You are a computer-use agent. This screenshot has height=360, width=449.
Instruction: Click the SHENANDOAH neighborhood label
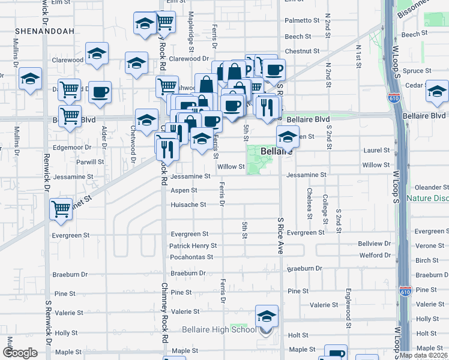pyautogui.click(x=37, y=30)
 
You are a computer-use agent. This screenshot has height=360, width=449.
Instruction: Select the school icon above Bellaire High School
pyautogui.click(x=267, y=316)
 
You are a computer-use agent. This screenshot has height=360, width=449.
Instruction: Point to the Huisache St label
pyautogui.click(x=188, y=205)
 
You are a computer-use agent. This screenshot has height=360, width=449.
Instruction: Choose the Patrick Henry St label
pyautogui.click(x=193, y=246)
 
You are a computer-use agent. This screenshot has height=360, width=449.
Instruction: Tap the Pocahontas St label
pyautogui.click(x=191, y=257)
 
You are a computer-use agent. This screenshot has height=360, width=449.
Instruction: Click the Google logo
pyautogui.click(x=20, y=353)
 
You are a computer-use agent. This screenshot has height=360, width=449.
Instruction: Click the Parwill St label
pyautogui.click(x=90, y=162)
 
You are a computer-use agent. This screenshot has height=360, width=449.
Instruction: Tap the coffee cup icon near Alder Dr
pyautogui.click(x=100, y=92)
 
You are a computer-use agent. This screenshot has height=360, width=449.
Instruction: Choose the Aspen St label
pyautogui.click(x=184, y=190)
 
